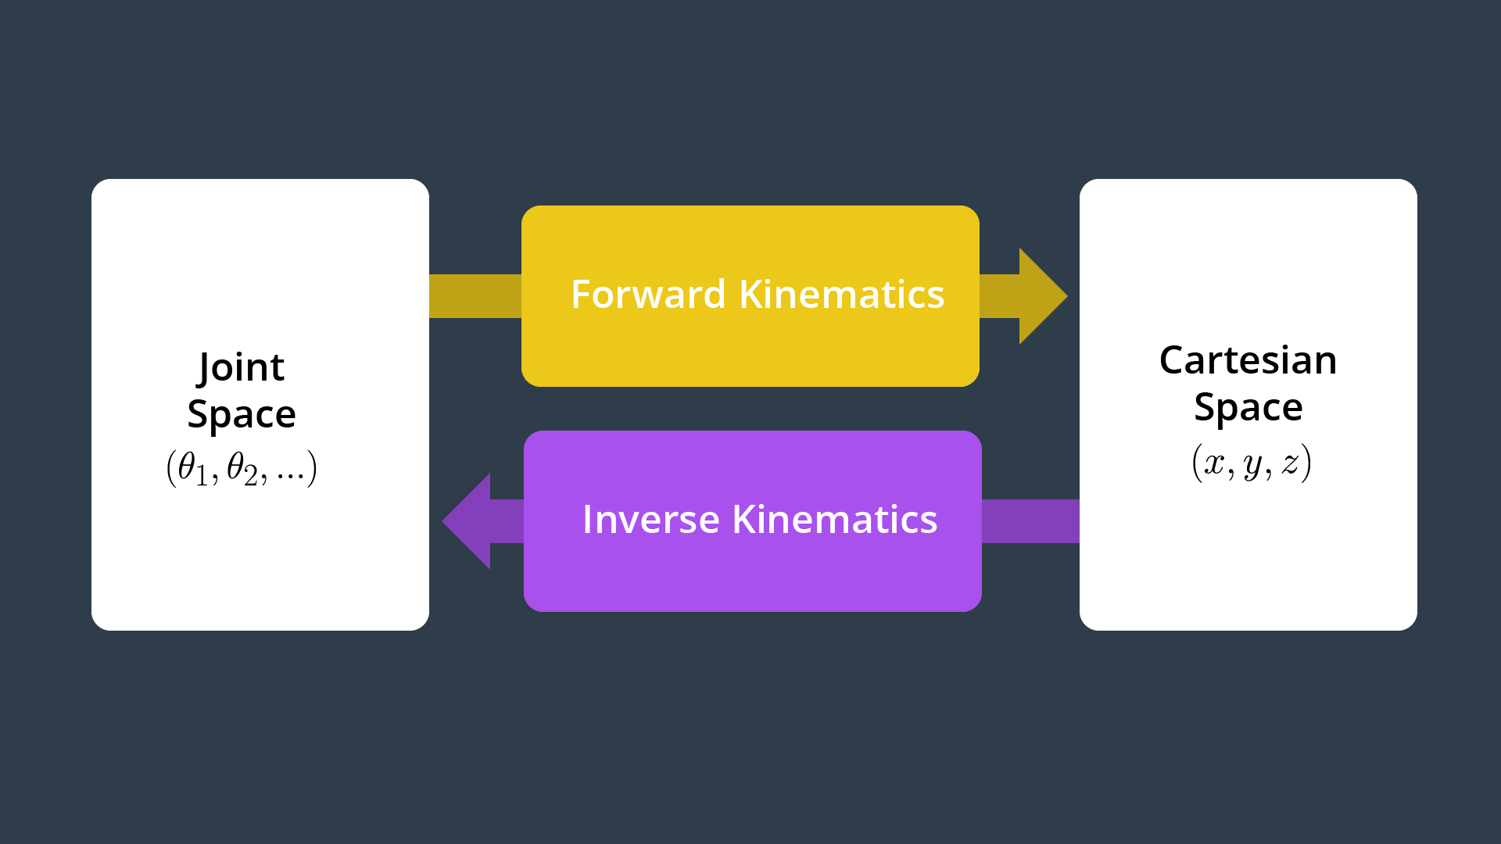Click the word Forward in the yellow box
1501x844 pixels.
648,295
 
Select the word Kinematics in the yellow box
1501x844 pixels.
842,294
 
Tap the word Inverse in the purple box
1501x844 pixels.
651,520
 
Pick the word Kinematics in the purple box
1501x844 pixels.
835,519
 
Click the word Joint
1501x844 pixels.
242,368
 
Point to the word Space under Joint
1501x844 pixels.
242,414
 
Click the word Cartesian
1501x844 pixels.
1248,360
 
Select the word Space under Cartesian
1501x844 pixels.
1248,407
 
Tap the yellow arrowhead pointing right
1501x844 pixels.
1043,296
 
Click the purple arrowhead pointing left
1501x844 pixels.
467,521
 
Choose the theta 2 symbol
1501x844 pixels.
242,469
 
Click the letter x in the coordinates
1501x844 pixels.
1214,463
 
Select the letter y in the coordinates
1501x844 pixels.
1252,466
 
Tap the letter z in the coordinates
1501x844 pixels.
1290,463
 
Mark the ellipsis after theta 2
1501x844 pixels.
290,477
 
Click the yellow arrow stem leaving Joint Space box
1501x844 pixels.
475,296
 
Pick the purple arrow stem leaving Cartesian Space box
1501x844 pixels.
1030,521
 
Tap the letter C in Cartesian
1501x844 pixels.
1173,361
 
